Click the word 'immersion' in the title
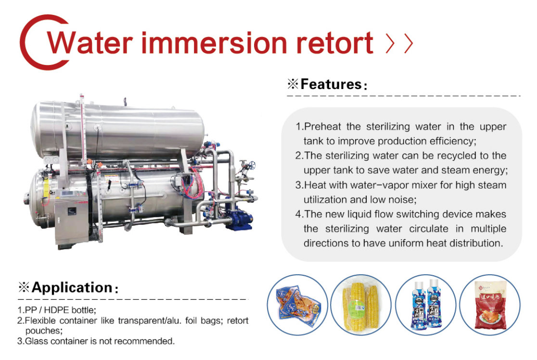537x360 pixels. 214,43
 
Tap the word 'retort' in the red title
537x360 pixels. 334,43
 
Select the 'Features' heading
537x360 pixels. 331,84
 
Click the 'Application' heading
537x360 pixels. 72,287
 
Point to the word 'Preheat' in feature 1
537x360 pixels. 322,127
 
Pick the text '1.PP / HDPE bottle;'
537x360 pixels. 57,310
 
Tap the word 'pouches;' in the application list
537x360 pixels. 44,331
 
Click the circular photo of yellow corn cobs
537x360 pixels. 361,305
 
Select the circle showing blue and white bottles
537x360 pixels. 426,305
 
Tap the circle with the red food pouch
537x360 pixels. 490,305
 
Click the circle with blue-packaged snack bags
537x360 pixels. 297,305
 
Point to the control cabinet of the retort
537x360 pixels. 72,219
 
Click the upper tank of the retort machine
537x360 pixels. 118,130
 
